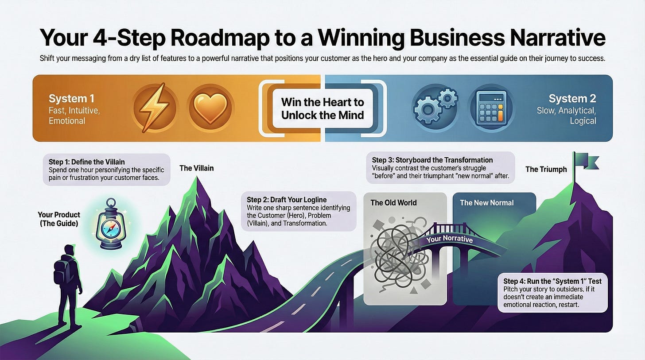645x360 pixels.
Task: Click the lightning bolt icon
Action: click(155, 108)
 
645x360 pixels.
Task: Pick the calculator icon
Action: click(490, 108)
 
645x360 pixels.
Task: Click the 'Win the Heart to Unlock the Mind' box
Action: click(322, 108)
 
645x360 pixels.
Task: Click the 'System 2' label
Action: click(572, 98)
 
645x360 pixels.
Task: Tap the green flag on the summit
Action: click(586, 162)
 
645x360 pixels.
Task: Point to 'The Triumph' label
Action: click(546, 169)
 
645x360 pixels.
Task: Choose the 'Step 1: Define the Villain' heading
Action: click(84, 162)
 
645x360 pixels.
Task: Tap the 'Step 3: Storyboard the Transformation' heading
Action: click(432, 160)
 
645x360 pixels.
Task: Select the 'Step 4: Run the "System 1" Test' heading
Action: click(556, 281)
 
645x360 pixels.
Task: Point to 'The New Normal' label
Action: click(486, 202)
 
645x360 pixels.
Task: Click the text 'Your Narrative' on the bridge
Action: click(449, 240)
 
